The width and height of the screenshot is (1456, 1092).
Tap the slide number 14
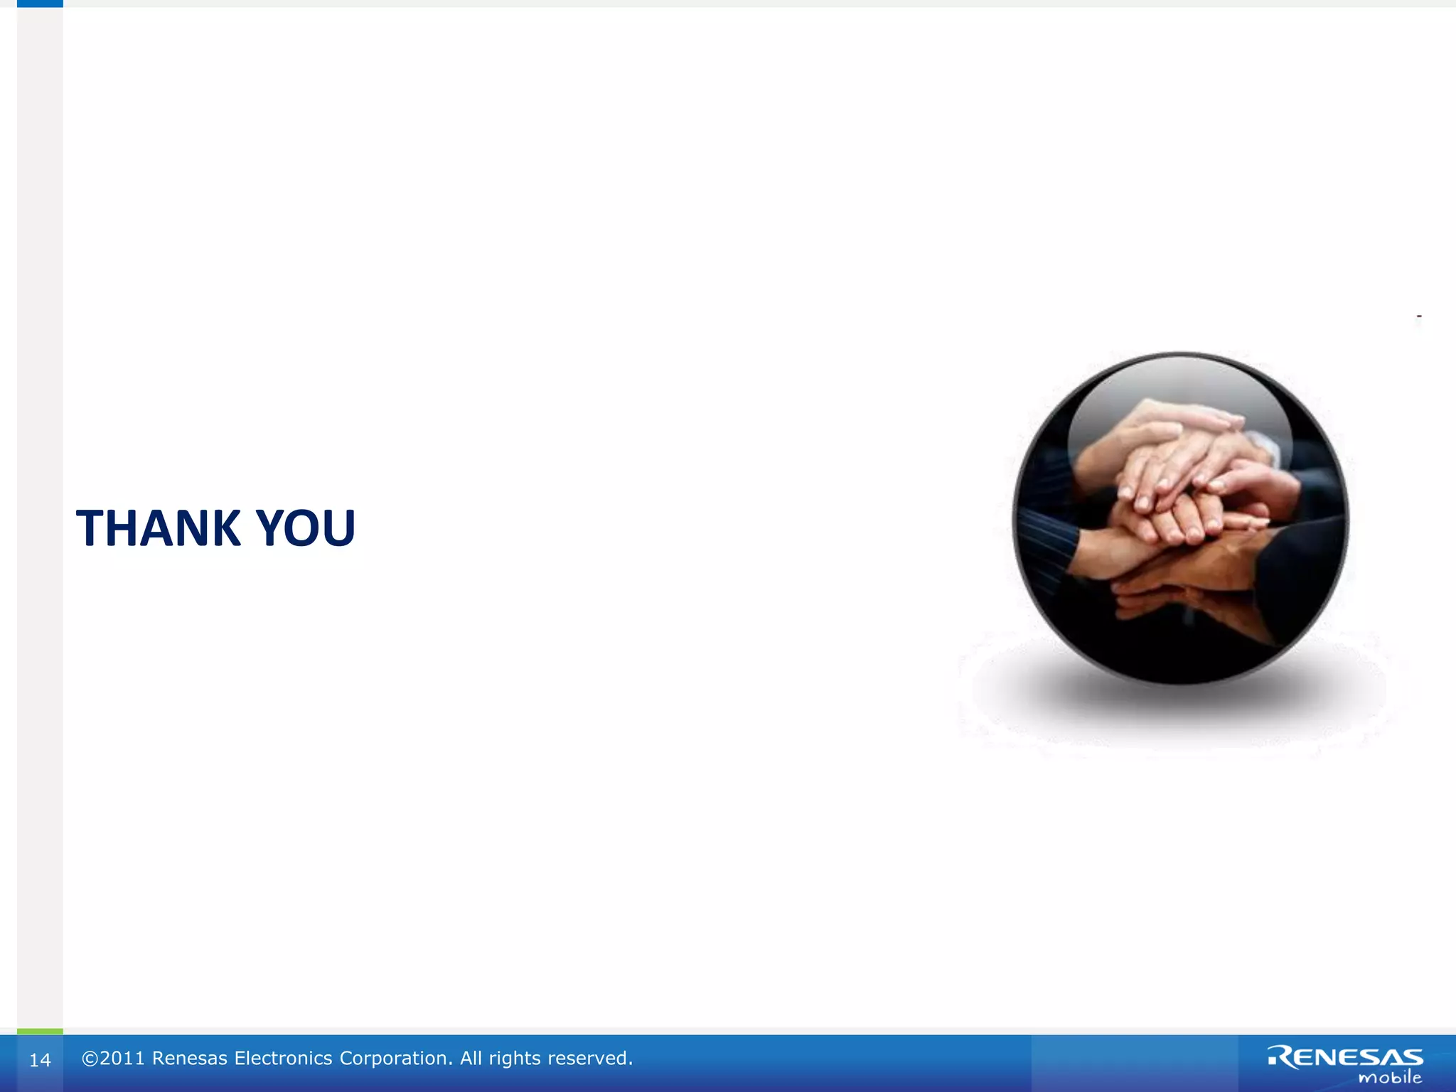[x=40, y=1060]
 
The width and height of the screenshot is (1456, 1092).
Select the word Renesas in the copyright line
[x=190, y=1059]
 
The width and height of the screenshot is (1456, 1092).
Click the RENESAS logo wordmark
[x=1346, y=1057]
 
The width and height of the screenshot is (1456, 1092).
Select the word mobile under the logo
[x=1390, y=1078]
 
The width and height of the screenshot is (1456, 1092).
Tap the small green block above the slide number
[x=40, y=1031]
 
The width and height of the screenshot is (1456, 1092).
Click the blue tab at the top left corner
[x=40, y=4]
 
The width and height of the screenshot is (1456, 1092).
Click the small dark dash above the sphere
[x=1419, y=316]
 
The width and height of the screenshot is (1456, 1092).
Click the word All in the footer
[x=471, y=1059]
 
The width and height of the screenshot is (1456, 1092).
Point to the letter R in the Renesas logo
[x=1281, y=1057]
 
